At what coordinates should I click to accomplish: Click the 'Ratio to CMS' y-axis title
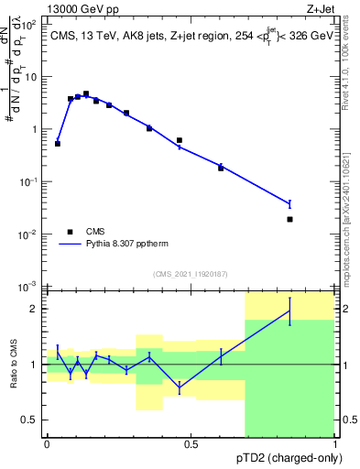[x=14, y=364]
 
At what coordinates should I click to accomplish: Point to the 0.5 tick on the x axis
[x=191, y=443]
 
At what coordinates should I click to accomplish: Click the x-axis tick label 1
[x=334, y=443]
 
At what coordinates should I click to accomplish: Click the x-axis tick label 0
[x=47, y=443]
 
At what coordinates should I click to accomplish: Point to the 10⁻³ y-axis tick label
[x=29, y=288]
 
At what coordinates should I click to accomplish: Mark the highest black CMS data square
[x=86, y=93]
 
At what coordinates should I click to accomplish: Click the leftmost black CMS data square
[x=58, y=144]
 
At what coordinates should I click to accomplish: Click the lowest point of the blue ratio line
[x=180, y=387]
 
